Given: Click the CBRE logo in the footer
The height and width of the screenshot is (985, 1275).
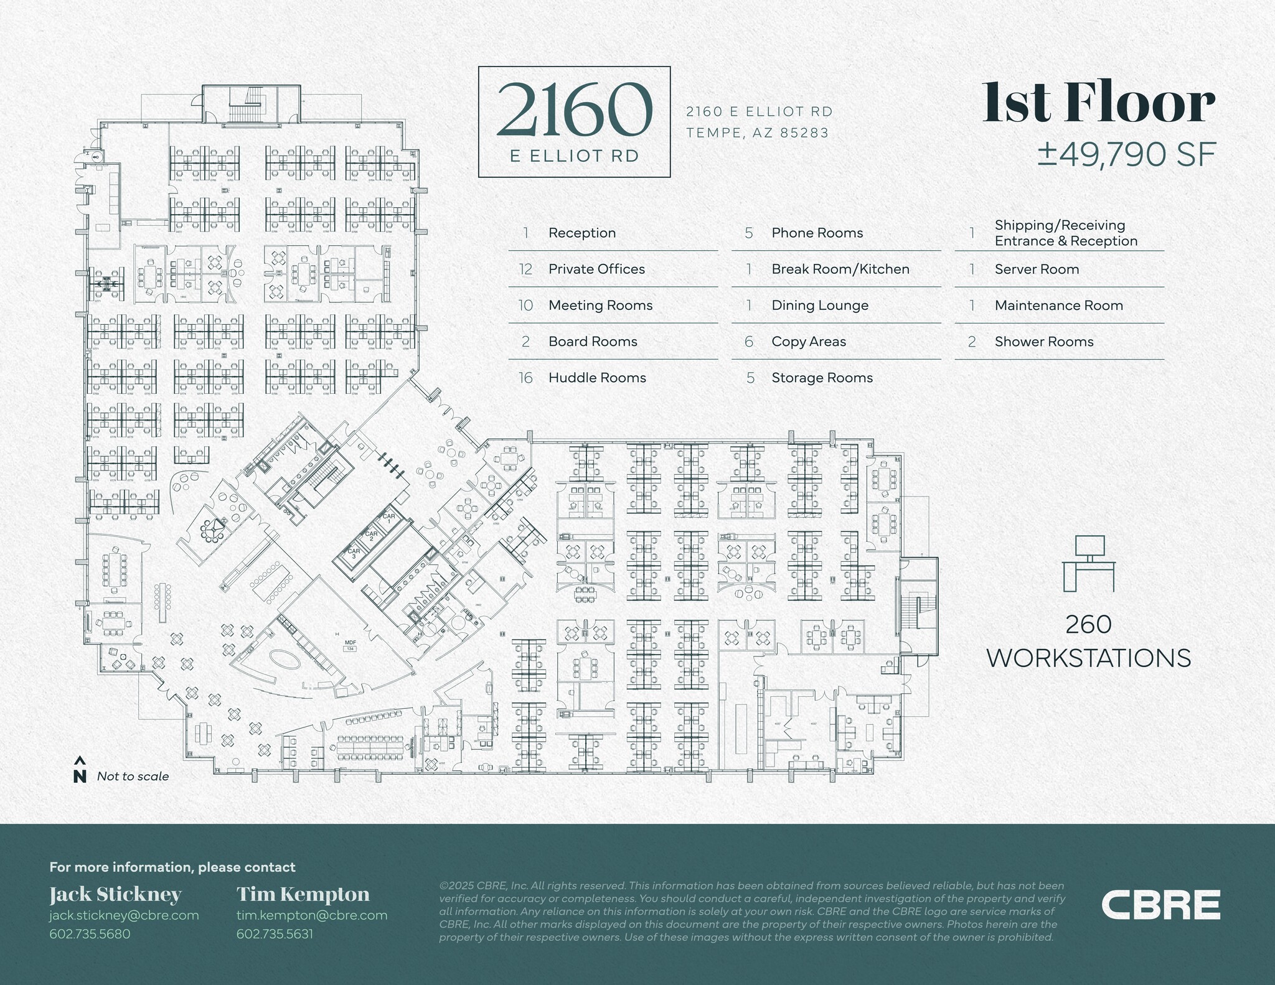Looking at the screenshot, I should (x=1160, y=904).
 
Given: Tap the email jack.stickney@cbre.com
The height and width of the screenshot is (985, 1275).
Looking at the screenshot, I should (x=124, y=915).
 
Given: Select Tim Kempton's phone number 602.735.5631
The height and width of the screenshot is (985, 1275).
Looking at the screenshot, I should (x=275, y=933).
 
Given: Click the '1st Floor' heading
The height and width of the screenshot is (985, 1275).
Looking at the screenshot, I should (x=1098, y=104).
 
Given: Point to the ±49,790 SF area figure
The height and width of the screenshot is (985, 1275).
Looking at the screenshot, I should (x=1126, y=155).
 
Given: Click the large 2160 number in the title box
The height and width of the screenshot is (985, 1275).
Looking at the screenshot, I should (x=574, y=110).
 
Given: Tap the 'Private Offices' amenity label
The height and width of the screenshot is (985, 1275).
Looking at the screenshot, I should (x=596, y=269).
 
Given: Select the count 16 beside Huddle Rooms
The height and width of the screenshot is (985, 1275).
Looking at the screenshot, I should (x=526, y=378).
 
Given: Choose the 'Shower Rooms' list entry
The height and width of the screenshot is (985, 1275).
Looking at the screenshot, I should (x=1044, y=342).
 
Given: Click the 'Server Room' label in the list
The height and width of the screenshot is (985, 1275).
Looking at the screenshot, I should (x=1037, y=269).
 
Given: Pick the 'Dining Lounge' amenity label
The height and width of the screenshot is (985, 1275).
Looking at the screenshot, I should (x=820, y=305).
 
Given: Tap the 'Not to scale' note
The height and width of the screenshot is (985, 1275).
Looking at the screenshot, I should (x=133, y=777).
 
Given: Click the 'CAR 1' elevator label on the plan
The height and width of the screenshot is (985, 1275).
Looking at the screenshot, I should (x=389, y=518).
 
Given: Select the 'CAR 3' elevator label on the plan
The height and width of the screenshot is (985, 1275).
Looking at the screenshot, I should (x=354, y=553).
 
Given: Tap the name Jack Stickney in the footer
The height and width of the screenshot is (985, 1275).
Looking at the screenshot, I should (x=115, y=895).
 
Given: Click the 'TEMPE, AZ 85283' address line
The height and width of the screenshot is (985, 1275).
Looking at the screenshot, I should (x=758, y=133).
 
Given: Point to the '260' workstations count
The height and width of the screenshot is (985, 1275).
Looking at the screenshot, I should (x=1088, y=625).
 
